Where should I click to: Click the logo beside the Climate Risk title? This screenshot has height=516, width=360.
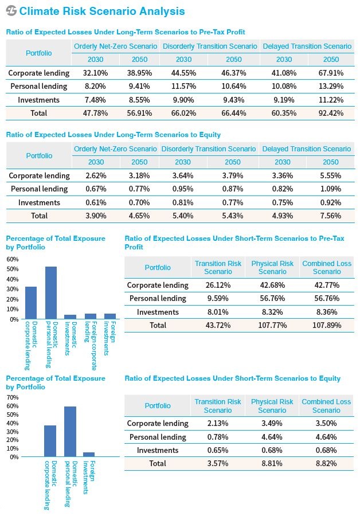click(11, 11)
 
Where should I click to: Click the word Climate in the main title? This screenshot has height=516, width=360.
click(40, 11)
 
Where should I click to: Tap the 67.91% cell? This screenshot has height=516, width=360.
click(331, 73)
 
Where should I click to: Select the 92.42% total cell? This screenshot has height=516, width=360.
click(331, 113)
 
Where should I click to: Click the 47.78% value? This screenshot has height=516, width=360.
click(95, 113)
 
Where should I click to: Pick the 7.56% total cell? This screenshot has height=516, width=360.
click(330, 216)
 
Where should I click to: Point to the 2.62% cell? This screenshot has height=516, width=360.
click(96, 176)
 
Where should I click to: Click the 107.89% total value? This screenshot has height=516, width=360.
click(326, 326)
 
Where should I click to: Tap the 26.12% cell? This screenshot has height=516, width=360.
click(218, 285)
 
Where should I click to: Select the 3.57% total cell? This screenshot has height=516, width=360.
click(217, 463)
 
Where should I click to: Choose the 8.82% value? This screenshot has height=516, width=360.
click(326, 463)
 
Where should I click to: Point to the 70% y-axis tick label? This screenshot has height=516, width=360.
click(13, 397)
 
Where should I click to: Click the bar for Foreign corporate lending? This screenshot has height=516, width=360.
click(91, 316)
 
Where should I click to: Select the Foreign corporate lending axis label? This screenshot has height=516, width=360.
click(91, 346)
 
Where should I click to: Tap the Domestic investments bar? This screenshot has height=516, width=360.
click(70, 317)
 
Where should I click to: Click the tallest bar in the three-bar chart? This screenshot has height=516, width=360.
click(70, 431)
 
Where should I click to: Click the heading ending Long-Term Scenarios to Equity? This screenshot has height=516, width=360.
click(113, 135)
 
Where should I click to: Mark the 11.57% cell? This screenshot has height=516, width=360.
click(183, 86)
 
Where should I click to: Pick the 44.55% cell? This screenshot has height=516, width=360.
click(183, 73)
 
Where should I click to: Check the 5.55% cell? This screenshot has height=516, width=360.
click(330, 176)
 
